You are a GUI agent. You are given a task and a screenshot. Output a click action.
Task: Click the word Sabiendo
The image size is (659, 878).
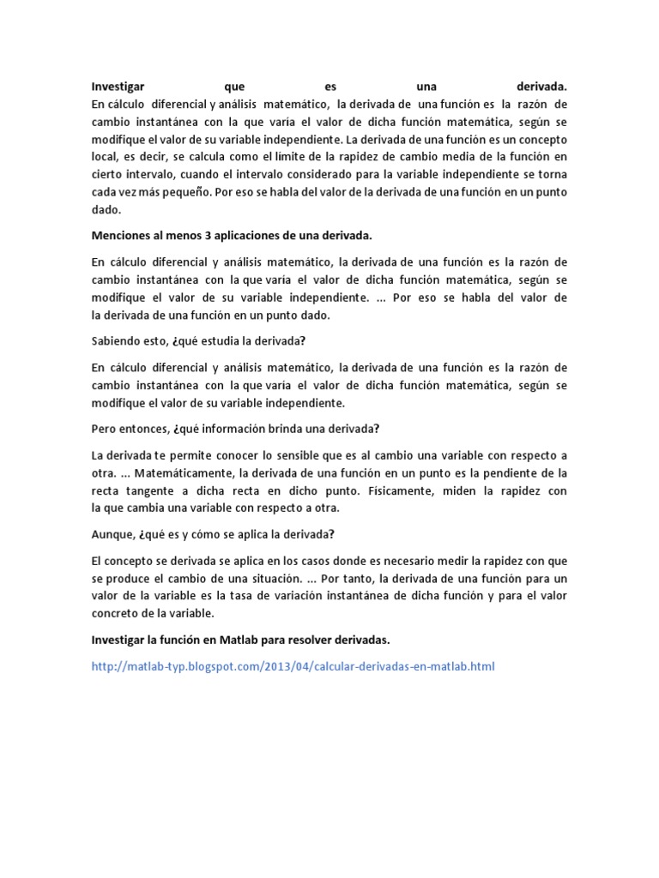pos(117,340)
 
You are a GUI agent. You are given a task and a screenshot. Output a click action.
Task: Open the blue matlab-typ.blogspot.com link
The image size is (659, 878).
pos(293,665)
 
